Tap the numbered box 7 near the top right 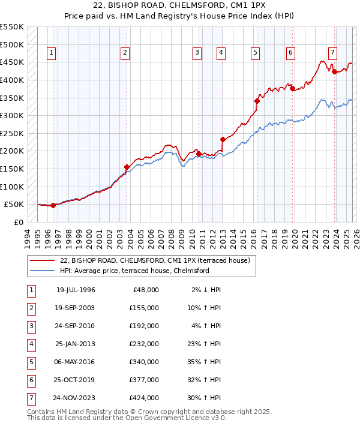click(x=332, y=52)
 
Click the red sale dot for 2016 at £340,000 click(x=257, y=101)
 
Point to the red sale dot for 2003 click(x=127, y=167)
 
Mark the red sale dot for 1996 click(x=53, y=205)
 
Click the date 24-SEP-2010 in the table click(x=75, y=326)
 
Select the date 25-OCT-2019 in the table click(x=75, y=380)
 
